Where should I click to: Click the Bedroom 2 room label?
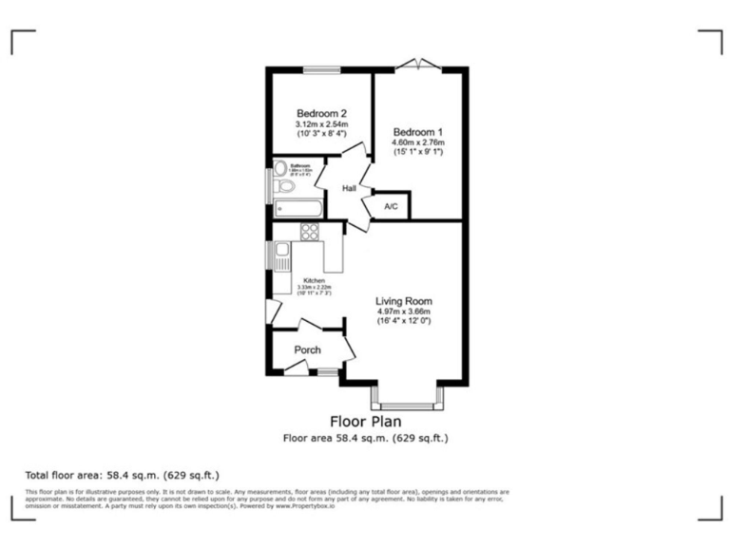tap(321, 112)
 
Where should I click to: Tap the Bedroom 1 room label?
tap(418, 130)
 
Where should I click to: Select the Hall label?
tap(349, 189)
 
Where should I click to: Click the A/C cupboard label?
tap(391, 206)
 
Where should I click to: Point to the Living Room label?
tap(403, 300)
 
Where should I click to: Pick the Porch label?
tap(307, 349)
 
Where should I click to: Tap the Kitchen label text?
tap(314, 281)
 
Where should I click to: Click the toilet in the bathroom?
tap(286, 186)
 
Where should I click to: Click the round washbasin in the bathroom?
tap(279, 169)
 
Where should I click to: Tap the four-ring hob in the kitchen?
tap(310, 231)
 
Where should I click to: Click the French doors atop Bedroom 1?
tap(418, 66)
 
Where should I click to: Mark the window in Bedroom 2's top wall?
tap(321, 68)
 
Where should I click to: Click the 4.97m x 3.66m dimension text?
tap(403, 311)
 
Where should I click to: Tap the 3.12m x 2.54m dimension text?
tap(321, 124)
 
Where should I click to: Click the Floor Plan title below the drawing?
tap(365, 421)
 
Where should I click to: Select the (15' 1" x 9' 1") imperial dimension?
tap(418, 152)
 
